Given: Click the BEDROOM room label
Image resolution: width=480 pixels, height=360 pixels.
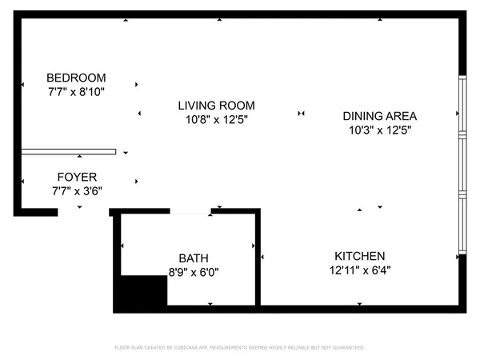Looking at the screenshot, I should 76,78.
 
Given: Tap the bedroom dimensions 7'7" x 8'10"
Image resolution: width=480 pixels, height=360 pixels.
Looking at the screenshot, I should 76,92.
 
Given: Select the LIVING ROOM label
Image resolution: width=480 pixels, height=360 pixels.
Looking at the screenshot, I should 216,106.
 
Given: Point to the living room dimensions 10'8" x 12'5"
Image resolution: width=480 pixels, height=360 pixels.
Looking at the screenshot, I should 216,120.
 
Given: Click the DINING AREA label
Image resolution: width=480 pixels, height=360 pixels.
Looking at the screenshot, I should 380,115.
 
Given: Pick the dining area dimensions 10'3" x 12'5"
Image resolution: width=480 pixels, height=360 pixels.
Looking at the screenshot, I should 380,130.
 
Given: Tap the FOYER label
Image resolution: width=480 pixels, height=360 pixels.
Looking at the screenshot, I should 77,177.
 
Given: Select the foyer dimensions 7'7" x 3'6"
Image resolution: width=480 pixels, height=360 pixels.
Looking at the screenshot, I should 77,191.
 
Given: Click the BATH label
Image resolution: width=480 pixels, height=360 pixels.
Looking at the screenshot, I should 193,258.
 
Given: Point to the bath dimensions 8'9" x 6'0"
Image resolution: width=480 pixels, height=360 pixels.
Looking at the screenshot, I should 193,273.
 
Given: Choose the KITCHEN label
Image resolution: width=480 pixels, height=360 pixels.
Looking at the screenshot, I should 360,255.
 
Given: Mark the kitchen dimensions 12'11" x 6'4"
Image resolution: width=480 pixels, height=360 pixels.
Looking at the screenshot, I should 360,270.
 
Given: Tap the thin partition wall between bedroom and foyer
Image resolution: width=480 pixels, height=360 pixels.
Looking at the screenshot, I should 68,151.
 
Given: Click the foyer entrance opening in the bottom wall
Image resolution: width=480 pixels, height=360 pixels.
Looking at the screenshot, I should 83,213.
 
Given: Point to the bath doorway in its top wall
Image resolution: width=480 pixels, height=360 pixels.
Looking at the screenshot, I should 190,212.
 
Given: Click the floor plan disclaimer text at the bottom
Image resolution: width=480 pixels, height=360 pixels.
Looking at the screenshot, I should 240,348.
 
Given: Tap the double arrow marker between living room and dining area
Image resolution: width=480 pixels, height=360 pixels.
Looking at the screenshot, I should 301,114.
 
